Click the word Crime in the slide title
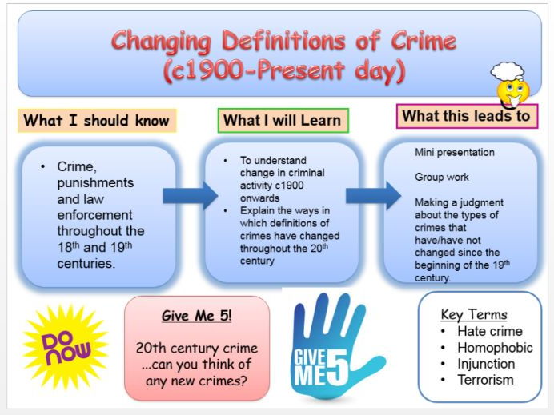[424, 41]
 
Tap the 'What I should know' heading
[97, 120]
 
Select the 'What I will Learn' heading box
[283, 120]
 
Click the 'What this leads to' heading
[467, 116]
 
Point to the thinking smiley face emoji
[513, 93]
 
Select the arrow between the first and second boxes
[190, 195]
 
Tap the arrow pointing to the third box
[373, 195]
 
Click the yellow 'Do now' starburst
[66, 348]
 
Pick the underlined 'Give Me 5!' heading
[196, 316]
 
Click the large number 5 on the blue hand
[337, 368]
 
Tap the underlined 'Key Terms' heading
[474, 314]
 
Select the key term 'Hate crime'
[490, 331]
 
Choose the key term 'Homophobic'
[495, 348]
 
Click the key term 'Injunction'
[486, 364]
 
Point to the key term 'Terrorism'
[485, 380]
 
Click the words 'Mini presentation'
[455, 153]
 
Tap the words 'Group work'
[442, 177]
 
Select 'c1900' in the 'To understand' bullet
[289, 186]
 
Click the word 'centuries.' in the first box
[86, 264]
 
